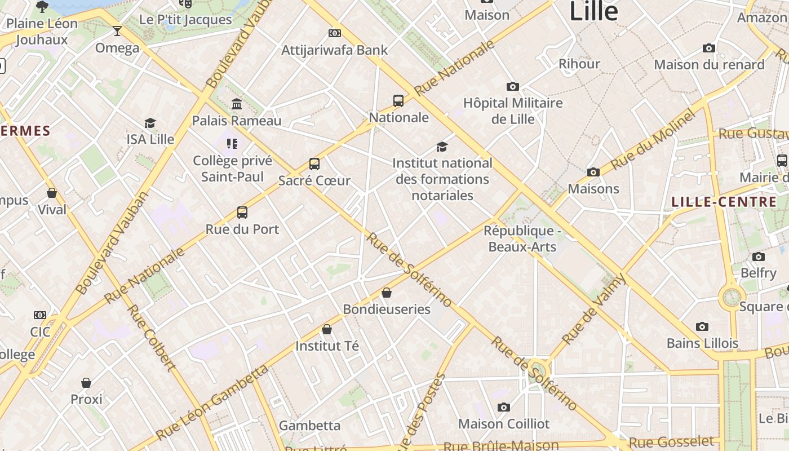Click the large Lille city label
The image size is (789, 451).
(593, 11)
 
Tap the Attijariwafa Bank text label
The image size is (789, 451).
(335, 50)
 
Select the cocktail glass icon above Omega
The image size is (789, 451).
(117, 30)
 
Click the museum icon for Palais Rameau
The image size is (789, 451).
(237, 104)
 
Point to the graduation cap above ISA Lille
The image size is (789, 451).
(150, 123)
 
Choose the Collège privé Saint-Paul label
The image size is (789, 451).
(232, 169)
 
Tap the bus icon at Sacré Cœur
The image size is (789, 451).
(314, 164)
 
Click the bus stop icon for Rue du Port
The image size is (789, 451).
(242, 213)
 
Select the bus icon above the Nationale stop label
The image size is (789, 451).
(398, 101)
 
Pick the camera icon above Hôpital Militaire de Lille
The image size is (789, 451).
(512, 86)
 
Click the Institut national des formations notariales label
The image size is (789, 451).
(442, 179)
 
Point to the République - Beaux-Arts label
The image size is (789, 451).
(522, 238)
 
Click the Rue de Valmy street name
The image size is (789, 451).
(594, 309)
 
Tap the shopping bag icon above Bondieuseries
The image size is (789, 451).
(387, 293)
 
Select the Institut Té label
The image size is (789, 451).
(327, 346)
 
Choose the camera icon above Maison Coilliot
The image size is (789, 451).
(504, 407)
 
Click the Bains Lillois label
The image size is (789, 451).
(702, 343)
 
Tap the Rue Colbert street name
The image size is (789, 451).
(150, 338)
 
